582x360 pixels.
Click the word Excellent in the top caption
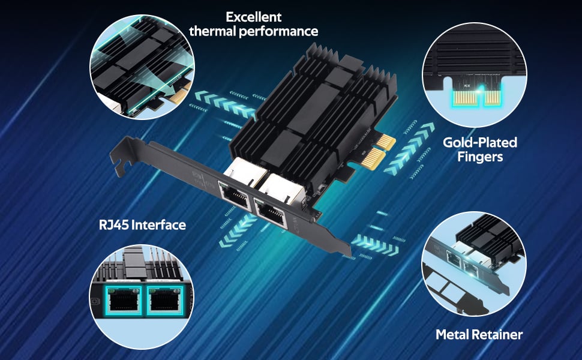point(253,17)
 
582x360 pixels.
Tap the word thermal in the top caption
point(212,31)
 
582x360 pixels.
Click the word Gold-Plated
point(479,143)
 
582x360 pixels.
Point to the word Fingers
point(479,157)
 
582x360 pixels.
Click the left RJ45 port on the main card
point(235,195)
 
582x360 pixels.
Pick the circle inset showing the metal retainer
point(474,264)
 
